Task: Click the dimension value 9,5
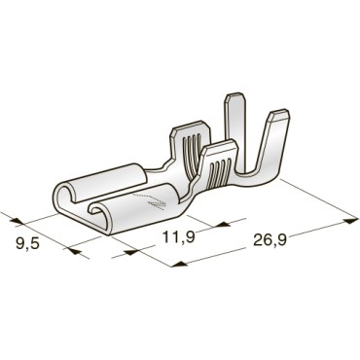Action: pos(27,243)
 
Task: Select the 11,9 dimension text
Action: pos(178,237)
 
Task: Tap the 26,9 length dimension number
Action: pos(270,240)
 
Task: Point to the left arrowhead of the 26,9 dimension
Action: pos(178,264)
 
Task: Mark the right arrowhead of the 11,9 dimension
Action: pos(224,224)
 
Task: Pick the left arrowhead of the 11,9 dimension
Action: pos(131,252)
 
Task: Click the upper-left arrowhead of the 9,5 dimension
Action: pos(17,221)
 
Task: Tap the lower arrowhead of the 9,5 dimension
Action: pos(74,250)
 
